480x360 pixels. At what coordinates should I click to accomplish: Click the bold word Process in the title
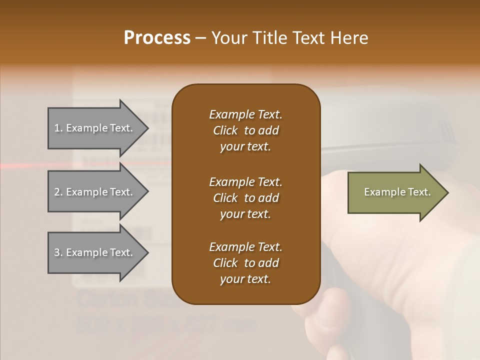pyautogui.click(x=157, y=38)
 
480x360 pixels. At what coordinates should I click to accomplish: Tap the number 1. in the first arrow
pyautogui.click(x=58, y=128)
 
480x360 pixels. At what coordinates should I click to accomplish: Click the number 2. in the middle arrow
pyautogui.click(x=58, y=192)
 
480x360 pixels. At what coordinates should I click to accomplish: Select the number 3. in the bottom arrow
pyautogui.click(x=58, y=252)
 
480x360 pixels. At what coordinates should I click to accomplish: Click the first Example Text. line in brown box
pyautogui.click(x=245, y=114)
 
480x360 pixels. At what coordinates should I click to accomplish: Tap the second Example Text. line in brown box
pyautogui.click(x=245, y=181)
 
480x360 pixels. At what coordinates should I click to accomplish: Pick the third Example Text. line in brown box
pyautogui.click(x=245, y=247)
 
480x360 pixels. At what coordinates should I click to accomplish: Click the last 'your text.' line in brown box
pyautogui.click(x=245, y=279)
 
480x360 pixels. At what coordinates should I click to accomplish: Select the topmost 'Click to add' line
pyautogui.click(x=245, y=130)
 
